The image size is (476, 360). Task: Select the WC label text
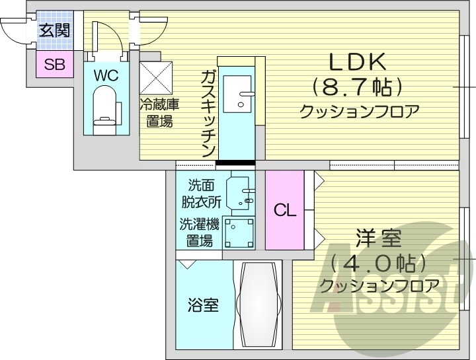(x=105, y=75)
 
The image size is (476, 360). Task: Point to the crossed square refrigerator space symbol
(x=156, y=79)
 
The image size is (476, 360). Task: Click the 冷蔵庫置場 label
(x=159, y=113)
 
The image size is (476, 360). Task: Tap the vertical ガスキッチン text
(x=208, y=112)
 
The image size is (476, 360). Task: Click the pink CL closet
(x=285, y=210)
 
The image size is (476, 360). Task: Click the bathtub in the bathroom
(x=258, y=306)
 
